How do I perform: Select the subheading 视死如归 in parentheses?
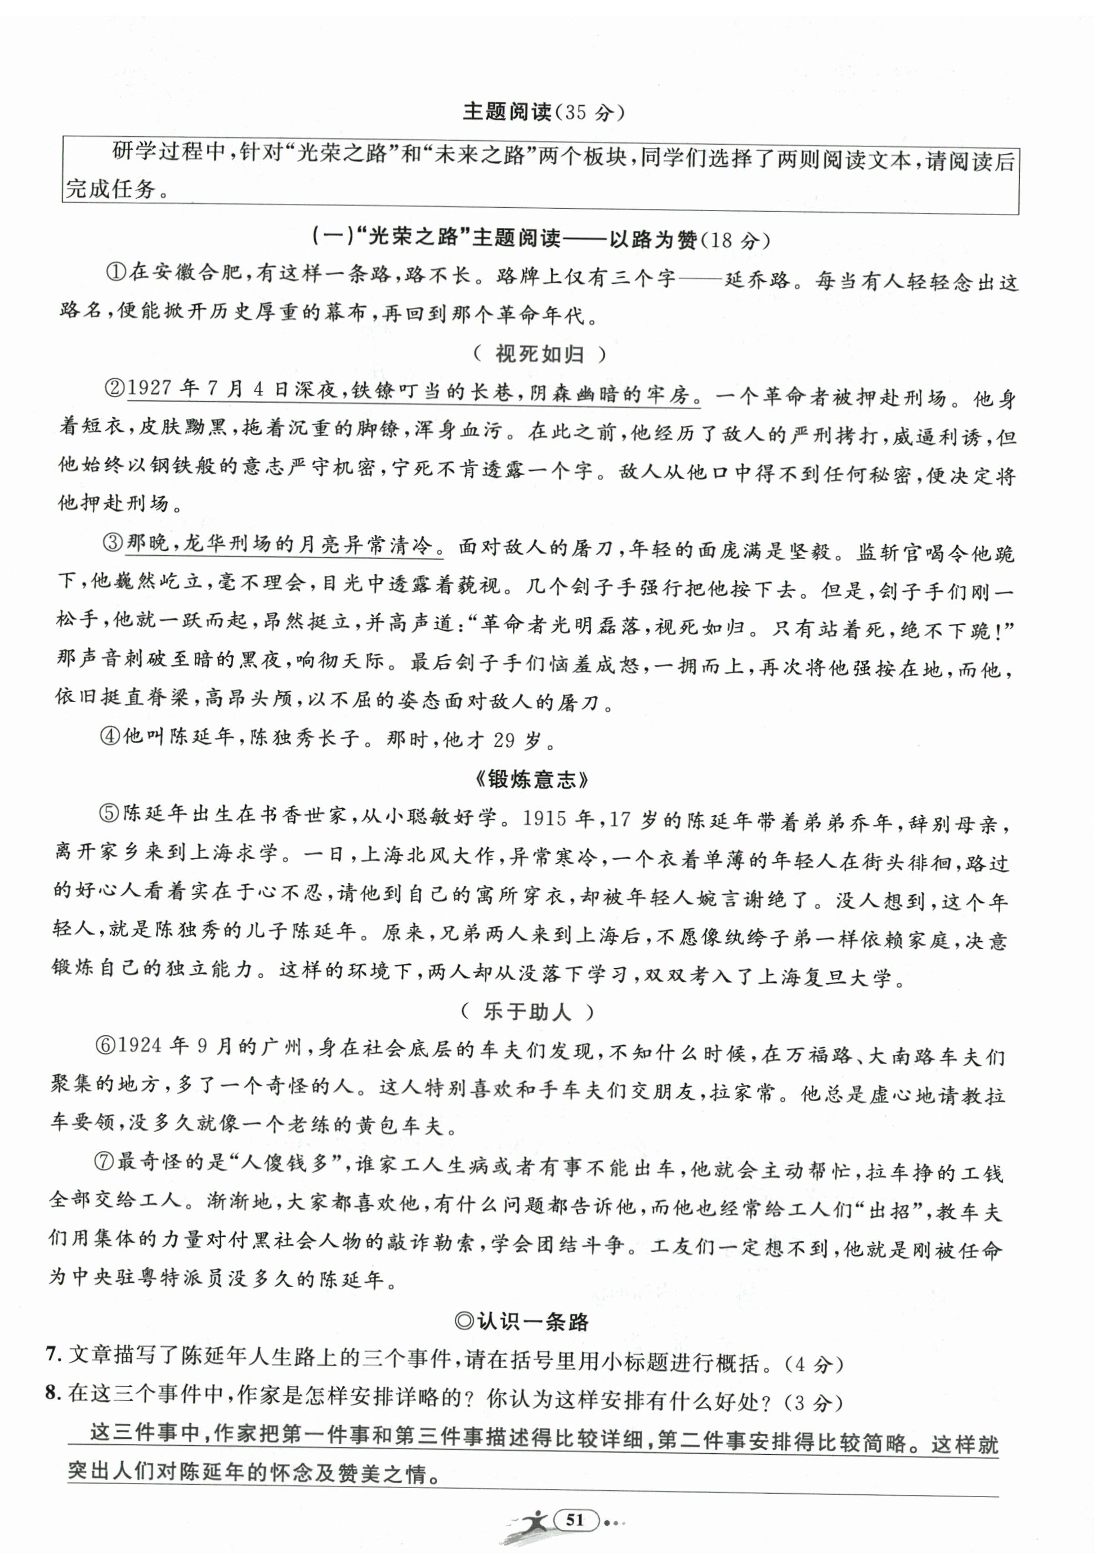point(540,354)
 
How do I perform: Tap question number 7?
point(51,1363)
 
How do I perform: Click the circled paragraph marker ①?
point(115,272)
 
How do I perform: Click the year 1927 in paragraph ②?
point(149,390)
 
